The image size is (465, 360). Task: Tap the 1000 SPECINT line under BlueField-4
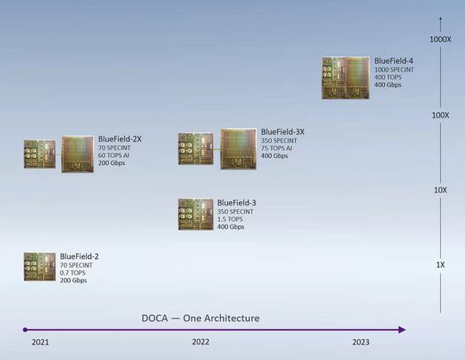point(395,70)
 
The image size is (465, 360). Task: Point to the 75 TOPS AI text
point(278,148)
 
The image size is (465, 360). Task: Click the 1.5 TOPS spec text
point(232,219)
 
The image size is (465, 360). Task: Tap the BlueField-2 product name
point(79,257)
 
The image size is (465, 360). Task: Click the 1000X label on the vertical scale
point(440,40)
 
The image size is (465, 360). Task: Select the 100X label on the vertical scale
point(440,115)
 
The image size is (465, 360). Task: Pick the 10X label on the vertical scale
point(440,190)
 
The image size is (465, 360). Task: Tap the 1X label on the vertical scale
point(440,264)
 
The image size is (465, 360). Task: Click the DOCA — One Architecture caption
point(200,319)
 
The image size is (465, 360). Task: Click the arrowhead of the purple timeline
point(400,329)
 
